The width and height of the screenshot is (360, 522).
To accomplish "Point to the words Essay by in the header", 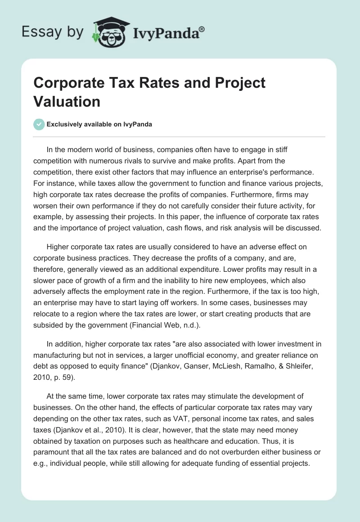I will pyautogui.click(x=53, y=32).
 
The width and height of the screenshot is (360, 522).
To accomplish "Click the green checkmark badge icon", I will pyautogui.click(x=39, y=124).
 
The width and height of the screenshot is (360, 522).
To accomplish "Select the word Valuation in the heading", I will pyautogui.click(x=67, y=101).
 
